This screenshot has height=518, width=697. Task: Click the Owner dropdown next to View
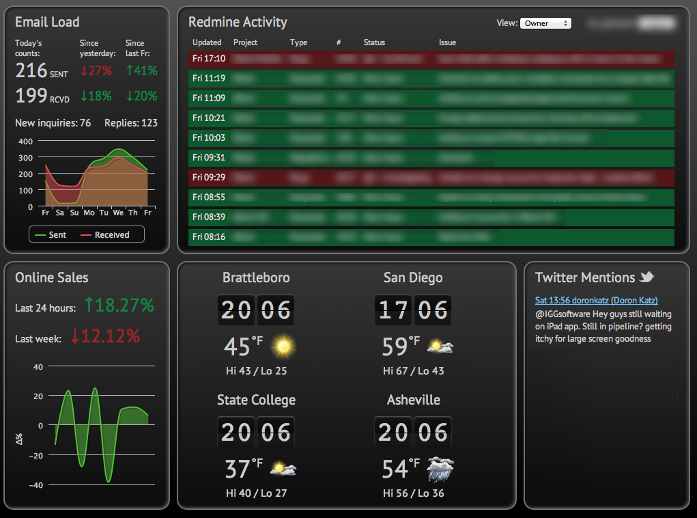point(545,23)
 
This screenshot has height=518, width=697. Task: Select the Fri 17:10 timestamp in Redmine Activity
point(209,59)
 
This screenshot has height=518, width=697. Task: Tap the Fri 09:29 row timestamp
point(209,177)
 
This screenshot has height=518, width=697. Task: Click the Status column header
point(374,42)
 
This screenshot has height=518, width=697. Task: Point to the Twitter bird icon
point(646,277)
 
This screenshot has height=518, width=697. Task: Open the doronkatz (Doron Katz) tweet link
point(596,301)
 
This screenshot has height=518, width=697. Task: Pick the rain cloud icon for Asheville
point(440,469)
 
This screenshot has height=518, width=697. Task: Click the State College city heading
point(256,400)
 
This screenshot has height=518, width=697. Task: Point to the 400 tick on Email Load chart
point(25,141)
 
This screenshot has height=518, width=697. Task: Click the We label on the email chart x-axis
point(118,213)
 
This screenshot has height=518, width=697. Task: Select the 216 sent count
point(31,70)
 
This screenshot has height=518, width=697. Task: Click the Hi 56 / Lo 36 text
point(413,493)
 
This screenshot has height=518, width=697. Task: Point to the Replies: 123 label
point(131,123)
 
